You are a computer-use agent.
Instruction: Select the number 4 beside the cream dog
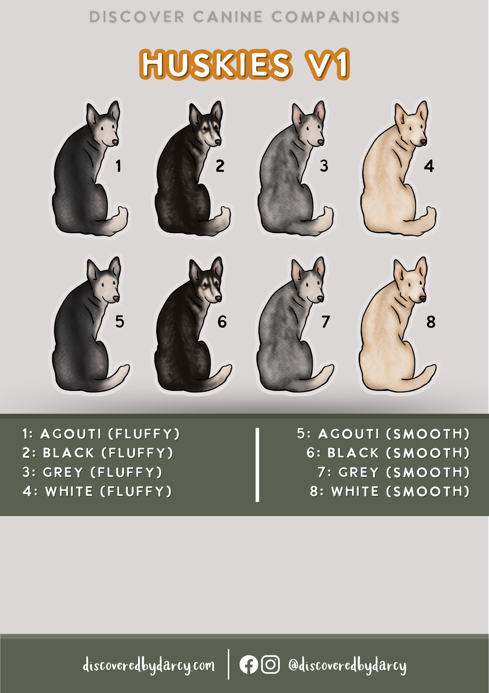429,166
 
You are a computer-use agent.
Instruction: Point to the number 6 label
222,322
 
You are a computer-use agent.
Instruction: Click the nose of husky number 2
217,142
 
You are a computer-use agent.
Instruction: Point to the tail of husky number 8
425,374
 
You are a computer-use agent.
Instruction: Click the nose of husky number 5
116,298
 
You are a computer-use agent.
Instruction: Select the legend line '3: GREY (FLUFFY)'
92,472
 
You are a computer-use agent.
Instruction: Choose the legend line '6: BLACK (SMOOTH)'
388,453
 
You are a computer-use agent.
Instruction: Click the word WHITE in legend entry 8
355,491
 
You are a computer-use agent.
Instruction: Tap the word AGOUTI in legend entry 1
71,434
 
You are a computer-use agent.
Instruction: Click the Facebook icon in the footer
249,665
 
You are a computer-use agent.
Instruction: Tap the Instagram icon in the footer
270,665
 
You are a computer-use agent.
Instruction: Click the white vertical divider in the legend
257,464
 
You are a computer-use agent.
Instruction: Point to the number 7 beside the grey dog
325,322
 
